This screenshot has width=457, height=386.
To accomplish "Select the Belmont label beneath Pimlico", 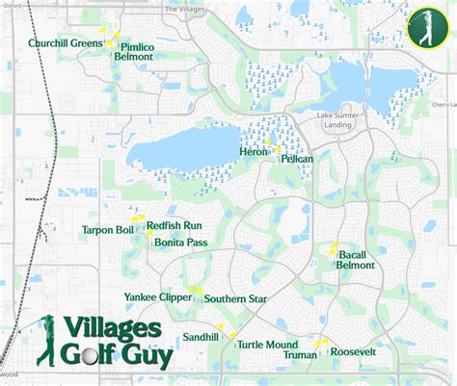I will (133, 57).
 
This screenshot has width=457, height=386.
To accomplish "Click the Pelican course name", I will (296, 160).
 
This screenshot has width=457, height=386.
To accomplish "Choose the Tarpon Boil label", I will (108, 230).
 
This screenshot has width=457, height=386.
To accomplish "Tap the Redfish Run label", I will (174, 225).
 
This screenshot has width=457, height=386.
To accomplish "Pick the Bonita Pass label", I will (181, 243).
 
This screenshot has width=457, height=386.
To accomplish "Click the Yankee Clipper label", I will (158, 297).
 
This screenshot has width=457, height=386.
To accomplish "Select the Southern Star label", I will (235, 298).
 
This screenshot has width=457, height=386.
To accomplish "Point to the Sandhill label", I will (202, 338).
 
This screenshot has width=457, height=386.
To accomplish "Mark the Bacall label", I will (352, 255).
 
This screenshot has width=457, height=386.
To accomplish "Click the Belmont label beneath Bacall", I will (355, 266).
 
